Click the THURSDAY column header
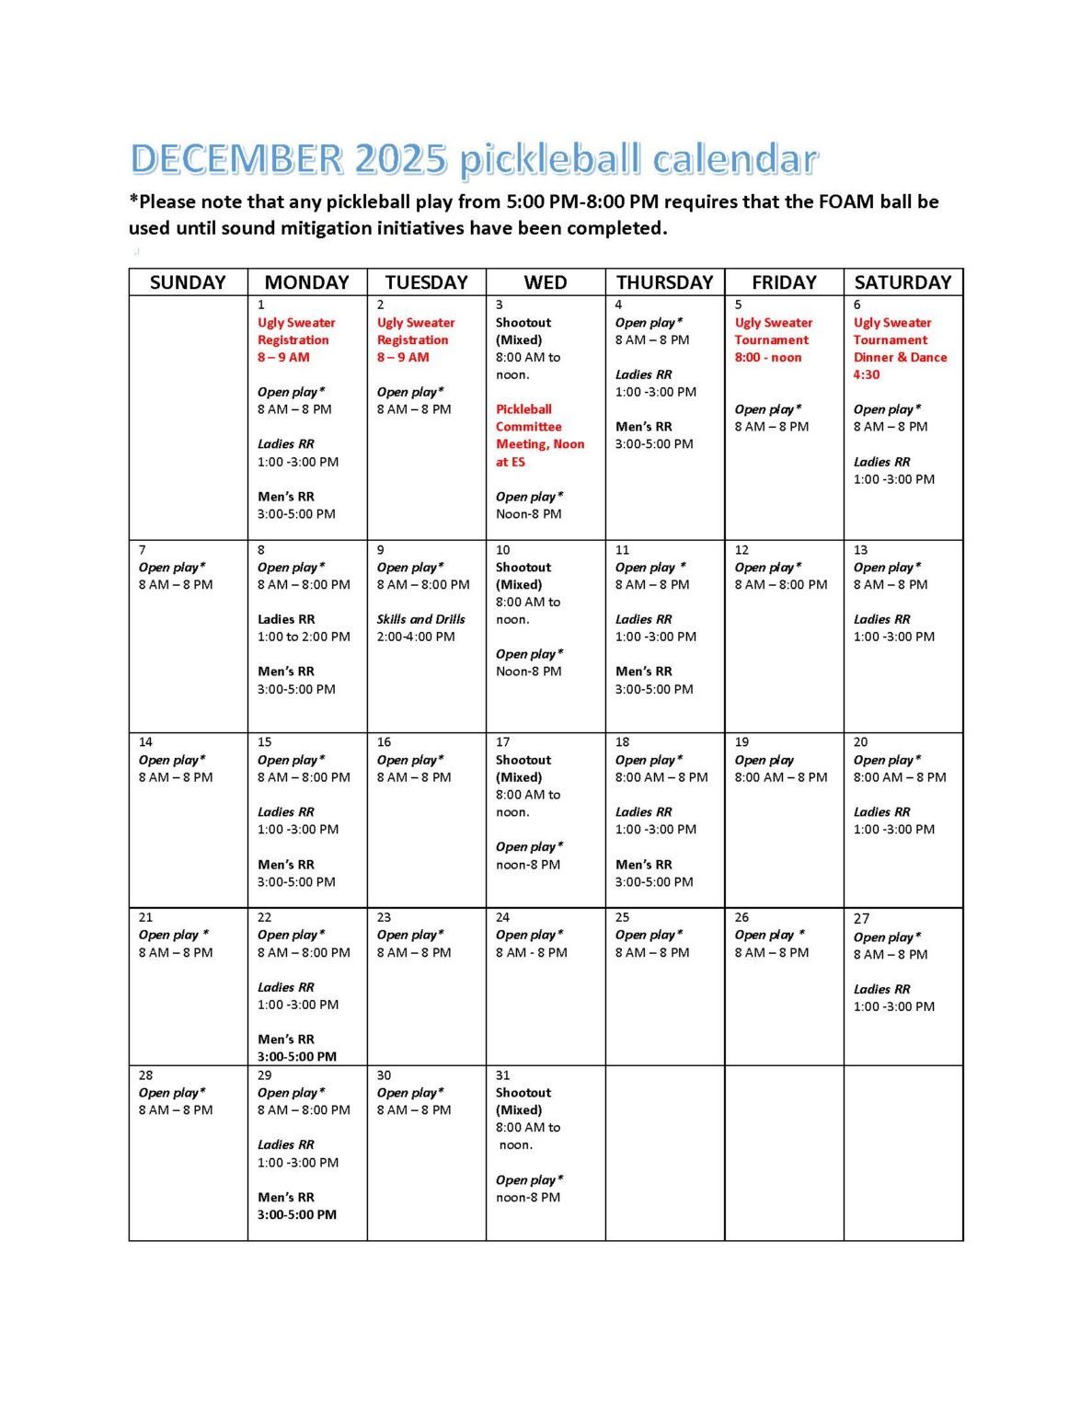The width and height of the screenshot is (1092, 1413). [664, 282]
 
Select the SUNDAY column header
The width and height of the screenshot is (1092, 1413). [188, 282]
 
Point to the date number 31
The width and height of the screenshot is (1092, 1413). [502, 1074]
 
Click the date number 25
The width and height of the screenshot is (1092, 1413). [622, 917]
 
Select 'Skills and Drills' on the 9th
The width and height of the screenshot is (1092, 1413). [420, 619]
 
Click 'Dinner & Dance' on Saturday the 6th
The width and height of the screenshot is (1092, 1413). [900, 357]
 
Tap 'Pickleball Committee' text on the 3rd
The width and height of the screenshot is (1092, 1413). [523, 418]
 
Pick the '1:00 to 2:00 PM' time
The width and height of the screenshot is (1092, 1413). [304, 637]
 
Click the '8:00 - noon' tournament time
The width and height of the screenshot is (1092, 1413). [767, 357]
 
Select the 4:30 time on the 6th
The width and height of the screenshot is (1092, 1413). [866, 374]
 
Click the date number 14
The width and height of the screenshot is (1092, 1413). [145, 741]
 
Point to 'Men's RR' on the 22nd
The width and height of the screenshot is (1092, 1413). [285, 1040]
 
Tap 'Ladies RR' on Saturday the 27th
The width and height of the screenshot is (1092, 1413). [881, 989]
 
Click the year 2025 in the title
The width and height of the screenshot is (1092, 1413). [400, 159]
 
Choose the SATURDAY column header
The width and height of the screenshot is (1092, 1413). [902, 282]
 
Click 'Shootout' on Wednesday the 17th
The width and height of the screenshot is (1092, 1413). [523, 760]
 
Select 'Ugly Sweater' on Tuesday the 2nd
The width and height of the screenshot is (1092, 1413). [416, 323]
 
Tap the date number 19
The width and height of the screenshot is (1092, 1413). [741, 741]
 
